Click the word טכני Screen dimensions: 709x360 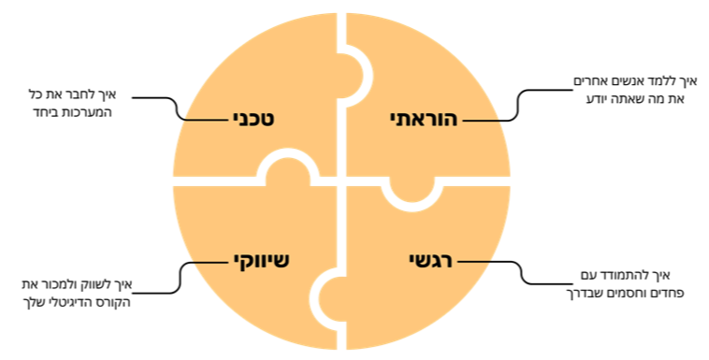259,120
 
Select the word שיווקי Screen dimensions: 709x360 261,260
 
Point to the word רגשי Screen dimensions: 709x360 430,260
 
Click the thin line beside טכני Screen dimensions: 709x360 206,120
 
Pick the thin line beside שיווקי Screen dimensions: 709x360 211,261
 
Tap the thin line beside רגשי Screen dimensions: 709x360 473,261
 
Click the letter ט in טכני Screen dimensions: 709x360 277,120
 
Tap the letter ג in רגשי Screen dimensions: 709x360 430,260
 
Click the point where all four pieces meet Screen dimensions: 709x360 342,180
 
